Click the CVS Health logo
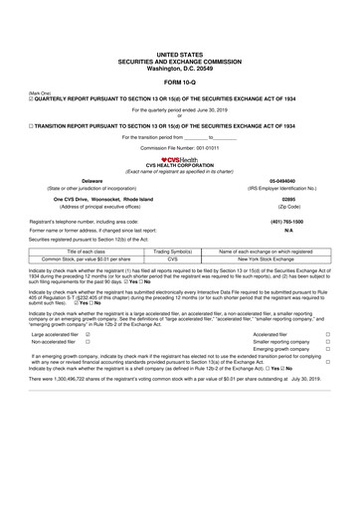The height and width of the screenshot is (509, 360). [x=179, y=159]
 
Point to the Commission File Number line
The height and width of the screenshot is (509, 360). [x=179, y=147]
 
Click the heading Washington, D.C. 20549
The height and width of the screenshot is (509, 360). [x=179, y=63]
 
